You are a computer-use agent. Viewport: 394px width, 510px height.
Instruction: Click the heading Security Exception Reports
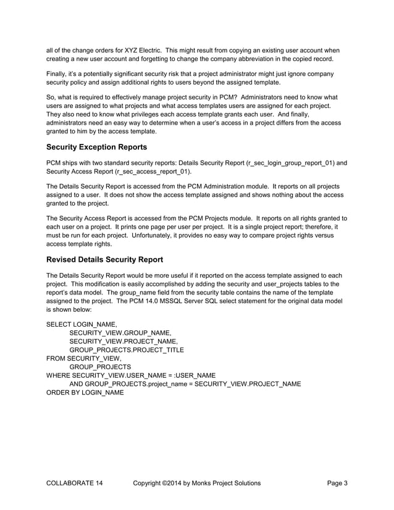105,148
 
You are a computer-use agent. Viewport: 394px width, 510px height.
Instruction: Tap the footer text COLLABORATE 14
75,483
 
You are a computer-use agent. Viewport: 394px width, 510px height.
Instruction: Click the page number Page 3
337,483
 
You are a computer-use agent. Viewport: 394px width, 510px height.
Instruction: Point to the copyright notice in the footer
196,483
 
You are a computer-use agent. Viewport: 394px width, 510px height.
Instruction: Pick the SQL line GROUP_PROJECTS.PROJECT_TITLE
127,349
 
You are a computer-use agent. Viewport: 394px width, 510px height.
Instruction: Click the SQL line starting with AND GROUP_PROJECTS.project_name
185,384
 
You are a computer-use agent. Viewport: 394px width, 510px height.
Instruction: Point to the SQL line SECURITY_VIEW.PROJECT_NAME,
124,341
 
